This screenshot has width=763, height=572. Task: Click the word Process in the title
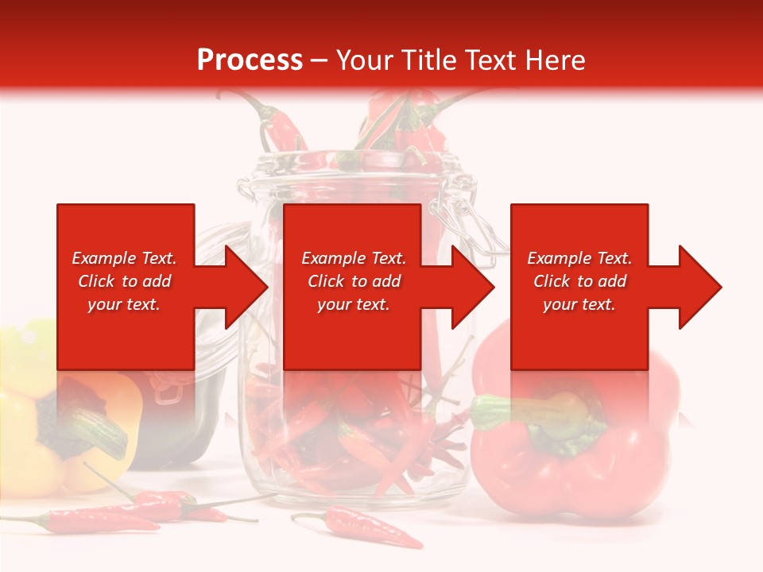click(250, 60)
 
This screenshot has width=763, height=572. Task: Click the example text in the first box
click(125, 281)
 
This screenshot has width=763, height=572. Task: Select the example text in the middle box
click(354, 281)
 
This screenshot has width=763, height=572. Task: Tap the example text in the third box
click(579, 281)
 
